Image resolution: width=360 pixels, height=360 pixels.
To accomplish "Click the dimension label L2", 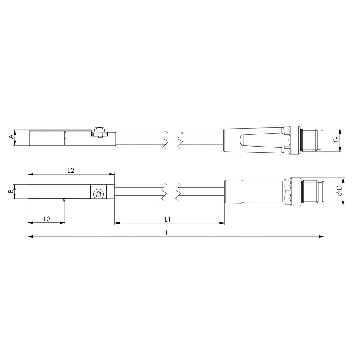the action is tap(71, 171).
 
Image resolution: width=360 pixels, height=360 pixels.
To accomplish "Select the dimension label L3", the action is tap(47, 219).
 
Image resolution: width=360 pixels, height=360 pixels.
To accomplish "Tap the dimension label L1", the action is tap(167, 220).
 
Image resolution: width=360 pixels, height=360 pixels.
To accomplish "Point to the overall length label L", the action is tap(167, 233).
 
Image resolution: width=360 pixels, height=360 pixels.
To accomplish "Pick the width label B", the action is tap(10, 191).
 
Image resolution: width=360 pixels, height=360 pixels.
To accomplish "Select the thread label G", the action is tap(336, 139).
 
